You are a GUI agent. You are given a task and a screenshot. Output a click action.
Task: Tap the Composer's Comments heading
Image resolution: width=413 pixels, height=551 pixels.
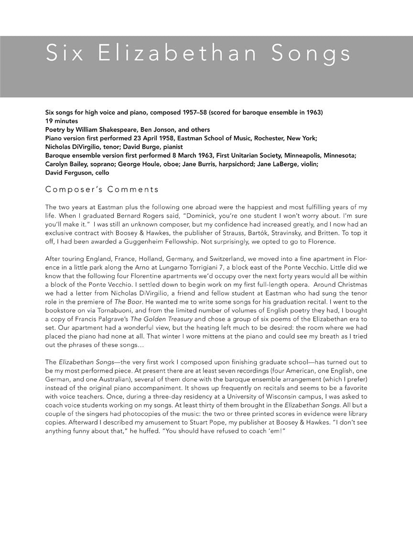[x=102, y=189]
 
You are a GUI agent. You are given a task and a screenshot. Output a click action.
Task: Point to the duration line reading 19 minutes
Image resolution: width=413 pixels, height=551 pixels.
[x=63, y=121]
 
